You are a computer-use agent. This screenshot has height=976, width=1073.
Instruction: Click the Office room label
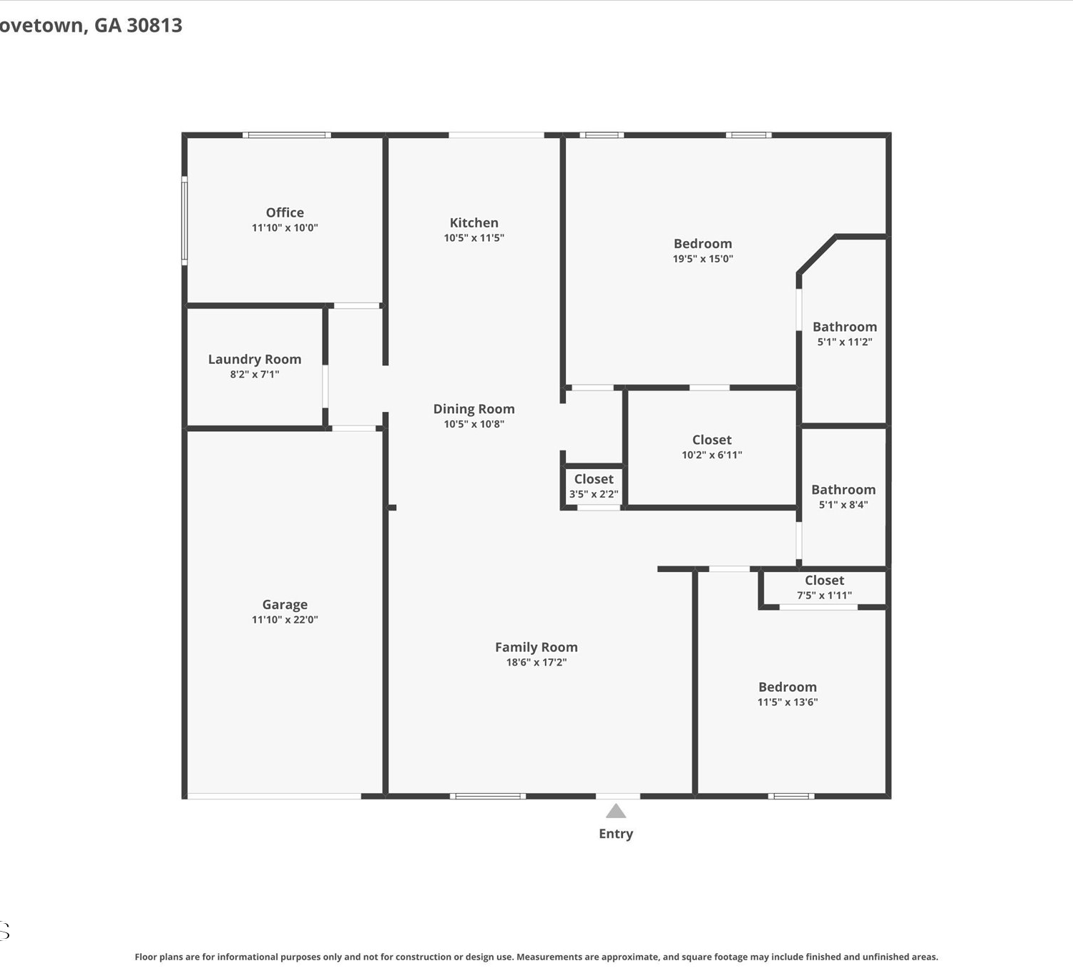(285, 212)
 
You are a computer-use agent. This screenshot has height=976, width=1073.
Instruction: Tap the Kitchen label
(474, 222)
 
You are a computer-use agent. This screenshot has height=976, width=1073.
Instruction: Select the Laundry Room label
(255, 359)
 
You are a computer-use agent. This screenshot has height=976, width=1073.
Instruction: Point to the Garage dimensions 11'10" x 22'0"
(285, 619)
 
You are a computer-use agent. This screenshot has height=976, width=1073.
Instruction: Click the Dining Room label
(474, 408)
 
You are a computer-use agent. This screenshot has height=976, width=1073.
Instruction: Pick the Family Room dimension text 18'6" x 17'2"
(536, 662)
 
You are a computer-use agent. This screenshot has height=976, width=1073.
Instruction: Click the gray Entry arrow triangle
(616, 812)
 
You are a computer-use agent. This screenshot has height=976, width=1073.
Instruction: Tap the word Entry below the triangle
(616, 834)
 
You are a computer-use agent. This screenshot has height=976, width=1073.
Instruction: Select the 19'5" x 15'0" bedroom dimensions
(703, 258)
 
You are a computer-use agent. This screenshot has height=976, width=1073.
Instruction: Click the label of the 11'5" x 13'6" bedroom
(788, 686)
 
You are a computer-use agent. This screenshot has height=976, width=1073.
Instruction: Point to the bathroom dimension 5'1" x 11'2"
(845, 342)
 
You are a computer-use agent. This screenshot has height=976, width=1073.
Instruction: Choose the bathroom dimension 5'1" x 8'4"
(843, 504)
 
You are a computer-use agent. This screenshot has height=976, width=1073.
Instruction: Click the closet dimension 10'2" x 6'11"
(712, 455)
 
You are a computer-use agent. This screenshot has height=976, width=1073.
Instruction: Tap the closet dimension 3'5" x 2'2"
(594, 493)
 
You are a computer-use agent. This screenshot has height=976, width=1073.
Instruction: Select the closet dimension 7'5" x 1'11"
(824, 595)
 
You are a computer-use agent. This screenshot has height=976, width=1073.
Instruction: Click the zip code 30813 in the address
(155, 25)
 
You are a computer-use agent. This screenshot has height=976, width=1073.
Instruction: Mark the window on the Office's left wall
(185, 220)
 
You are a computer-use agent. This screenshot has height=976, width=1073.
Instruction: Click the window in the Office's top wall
(287, 134)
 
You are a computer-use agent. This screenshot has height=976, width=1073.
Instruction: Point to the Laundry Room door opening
(325, 386)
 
